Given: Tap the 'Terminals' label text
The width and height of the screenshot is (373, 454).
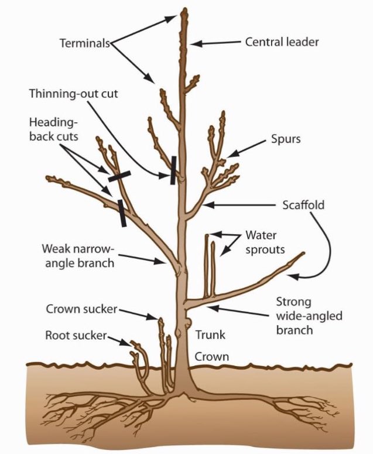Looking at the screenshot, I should (85, 43).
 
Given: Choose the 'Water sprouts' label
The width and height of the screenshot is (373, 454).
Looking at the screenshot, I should (265, 243).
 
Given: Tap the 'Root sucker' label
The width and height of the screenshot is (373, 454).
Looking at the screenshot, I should (76, 335).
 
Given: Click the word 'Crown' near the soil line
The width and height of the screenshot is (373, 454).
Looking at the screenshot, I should (211, 356).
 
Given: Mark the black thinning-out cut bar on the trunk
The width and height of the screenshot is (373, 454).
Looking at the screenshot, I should (173, 170).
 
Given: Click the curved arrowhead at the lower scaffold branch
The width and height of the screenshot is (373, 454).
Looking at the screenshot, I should (293, 277).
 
